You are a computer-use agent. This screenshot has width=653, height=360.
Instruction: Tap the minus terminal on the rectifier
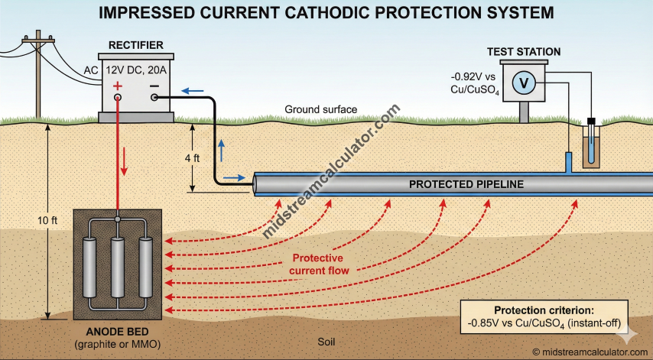(155, 86)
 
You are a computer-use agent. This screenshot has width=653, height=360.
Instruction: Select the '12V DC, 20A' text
(135, 70)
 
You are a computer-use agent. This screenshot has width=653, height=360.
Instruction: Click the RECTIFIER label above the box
(135, 44)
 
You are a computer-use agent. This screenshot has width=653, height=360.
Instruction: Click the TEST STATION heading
(524, 52)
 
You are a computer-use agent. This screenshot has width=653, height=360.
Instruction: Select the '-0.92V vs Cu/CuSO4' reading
(476, 83)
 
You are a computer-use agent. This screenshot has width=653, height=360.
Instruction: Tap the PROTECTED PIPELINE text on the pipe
(466, 184)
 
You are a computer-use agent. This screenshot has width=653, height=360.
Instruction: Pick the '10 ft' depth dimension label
(47, 221)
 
